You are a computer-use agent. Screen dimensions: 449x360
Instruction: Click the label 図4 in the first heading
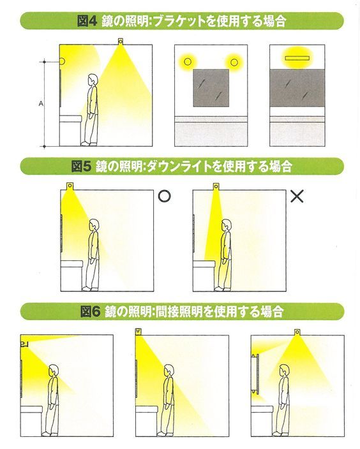click(x=86, y=21)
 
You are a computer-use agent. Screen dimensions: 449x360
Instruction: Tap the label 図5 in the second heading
click(x=81, y=166)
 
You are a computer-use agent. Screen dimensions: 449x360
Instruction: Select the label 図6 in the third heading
click(x=91, y=312)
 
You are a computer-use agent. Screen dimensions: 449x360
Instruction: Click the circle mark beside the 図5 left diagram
click(x=164, y=196)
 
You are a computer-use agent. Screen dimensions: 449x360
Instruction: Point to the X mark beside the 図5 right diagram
click(x=297, y=196)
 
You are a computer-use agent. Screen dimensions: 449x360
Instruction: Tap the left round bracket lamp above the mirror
click(x=188, y=62)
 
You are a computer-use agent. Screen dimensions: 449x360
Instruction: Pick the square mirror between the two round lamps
click(x=211, y=87)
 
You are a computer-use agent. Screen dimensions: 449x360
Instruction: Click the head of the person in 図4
click(x=93, y=80)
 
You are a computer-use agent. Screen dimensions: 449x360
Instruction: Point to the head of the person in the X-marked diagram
click(x=225, y=225)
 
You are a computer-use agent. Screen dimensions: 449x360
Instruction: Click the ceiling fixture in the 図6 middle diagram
click(x=139, y=332)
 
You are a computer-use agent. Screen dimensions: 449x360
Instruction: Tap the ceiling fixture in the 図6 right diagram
click(x=297, y=332)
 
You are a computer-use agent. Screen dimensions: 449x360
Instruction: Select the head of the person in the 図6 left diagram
click(x=54, y=369)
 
